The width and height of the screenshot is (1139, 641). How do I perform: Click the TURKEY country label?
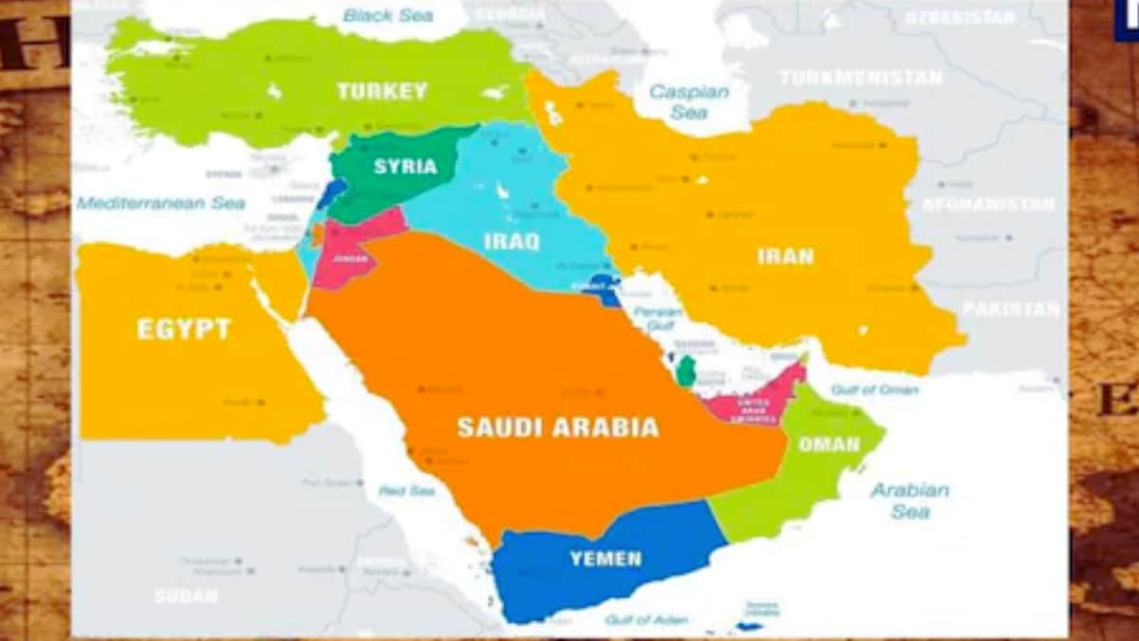[382, 91]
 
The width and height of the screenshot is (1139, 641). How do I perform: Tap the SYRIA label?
[405, 166]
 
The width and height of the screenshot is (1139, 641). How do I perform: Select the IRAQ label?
[512, 241]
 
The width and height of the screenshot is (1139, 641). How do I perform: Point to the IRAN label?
[786, 255]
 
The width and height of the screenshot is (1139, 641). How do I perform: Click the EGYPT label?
[184, 330]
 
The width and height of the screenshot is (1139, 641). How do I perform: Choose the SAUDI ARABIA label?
[557, 427]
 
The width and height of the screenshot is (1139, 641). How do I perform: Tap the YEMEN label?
[606, 558]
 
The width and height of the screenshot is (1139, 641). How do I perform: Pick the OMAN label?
[829, 444]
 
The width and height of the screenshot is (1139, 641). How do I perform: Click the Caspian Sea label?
[689, 102]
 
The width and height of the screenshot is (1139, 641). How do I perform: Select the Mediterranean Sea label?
[161, 203]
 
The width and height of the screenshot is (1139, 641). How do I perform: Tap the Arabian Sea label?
[909, 500]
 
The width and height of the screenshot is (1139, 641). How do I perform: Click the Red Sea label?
[406, 491]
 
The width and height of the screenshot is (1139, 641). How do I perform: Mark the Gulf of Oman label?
[874, 389]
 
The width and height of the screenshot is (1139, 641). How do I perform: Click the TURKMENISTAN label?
[860, 78]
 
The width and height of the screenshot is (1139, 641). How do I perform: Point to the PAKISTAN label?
[1010, 309]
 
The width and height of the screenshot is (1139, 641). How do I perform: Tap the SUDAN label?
[186, 596]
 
